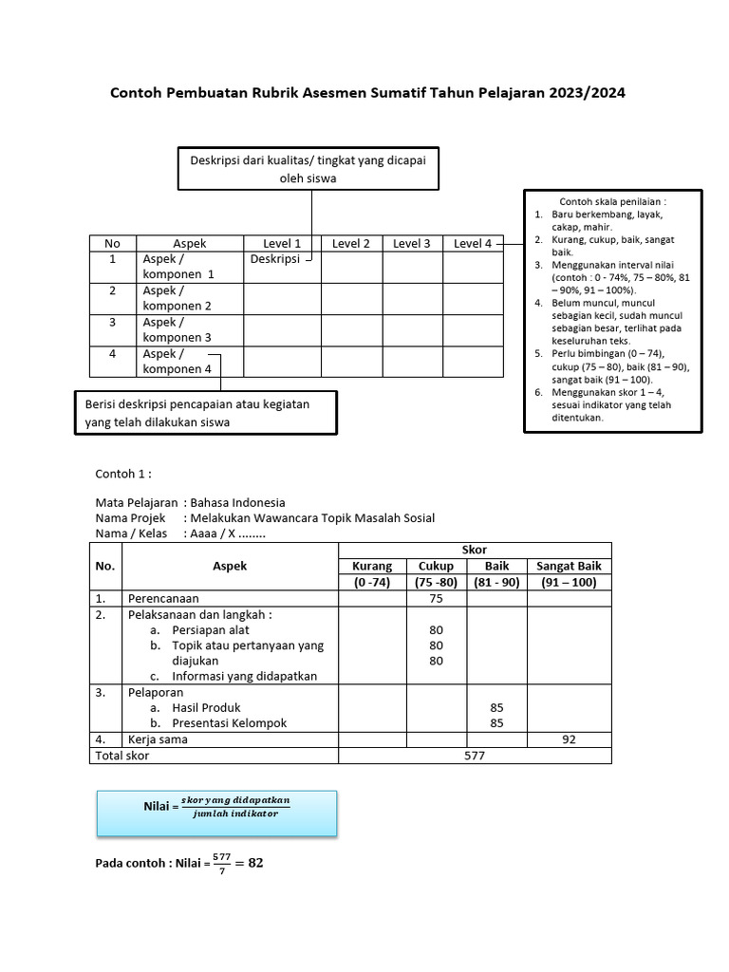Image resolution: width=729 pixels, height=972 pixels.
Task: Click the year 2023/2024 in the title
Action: [586, 93]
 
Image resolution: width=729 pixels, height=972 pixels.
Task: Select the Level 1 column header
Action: [282, 243]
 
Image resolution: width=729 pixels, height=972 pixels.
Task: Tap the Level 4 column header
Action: [473, 243]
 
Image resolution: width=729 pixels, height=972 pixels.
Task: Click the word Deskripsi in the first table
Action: [274, 258]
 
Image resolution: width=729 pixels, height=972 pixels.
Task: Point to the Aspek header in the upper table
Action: [190, 243]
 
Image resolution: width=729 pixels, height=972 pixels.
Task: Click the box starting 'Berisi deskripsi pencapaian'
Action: [205, 413]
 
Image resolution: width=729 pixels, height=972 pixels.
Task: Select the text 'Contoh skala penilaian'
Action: [613, 202]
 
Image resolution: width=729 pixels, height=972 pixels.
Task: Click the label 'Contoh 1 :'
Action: [123, 474]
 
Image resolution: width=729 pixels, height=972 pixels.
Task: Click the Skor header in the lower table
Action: [475, 551]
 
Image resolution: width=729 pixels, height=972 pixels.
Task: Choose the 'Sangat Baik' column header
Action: [570, 566]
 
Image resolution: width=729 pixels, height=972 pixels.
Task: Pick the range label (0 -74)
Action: [372, 582]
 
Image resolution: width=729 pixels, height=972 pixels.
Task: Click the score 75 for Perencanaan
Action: [437, 598]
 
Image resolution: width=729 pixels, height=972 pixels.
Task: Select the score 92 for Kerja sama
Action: [570, 739]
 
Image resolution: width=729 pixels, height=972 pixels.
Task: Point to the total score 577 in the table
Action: [475, 756]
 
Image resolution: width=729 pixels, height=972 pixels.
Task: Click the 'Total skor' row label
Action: [122, 756]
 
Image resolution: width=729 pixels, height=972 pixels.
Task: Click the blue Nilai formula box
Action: [216, 813]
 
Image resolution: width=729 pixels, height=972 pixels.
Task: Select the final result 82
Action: [254, 863]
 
